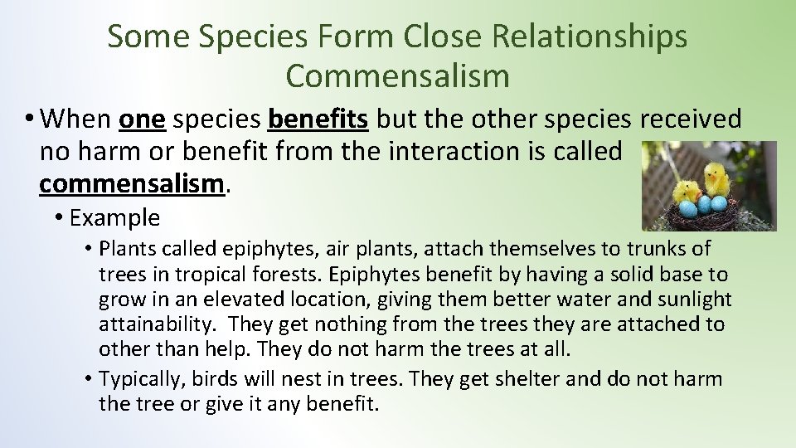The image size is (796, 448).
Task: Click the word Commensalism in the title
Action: pyautogui.click(x=397, y=75)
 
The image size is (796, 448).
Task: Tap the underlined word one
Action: pyautogui.click(x=143, y=119)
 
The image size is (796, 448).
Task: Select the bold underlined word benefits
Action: pyautogui.click(x=318, y=119)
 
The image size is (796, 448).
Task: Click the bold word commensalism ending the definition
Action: pyautogui.click(x=132, y=183)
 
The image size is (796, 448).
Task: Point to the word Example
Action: pyautogui.click(x=114, y=218)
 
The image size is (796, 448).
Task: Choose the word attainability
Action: pyautogui.click(x=158, y=324)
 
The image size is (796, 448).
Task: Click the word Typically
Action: pyautogui.click(x=142, y=379)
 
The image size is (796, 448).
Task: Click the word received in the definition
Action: pyautogui.click(x=691, y=119)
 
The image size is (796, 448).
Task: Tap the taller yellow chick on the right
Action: pyautogui.click(x=716, y=178)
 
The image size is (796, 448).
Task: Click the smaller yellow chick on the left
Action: pyautogui.click(x=685, y=192)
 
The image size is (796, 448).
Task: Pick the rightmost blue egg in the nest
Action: pyautogui.click(x=721, y=204)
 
